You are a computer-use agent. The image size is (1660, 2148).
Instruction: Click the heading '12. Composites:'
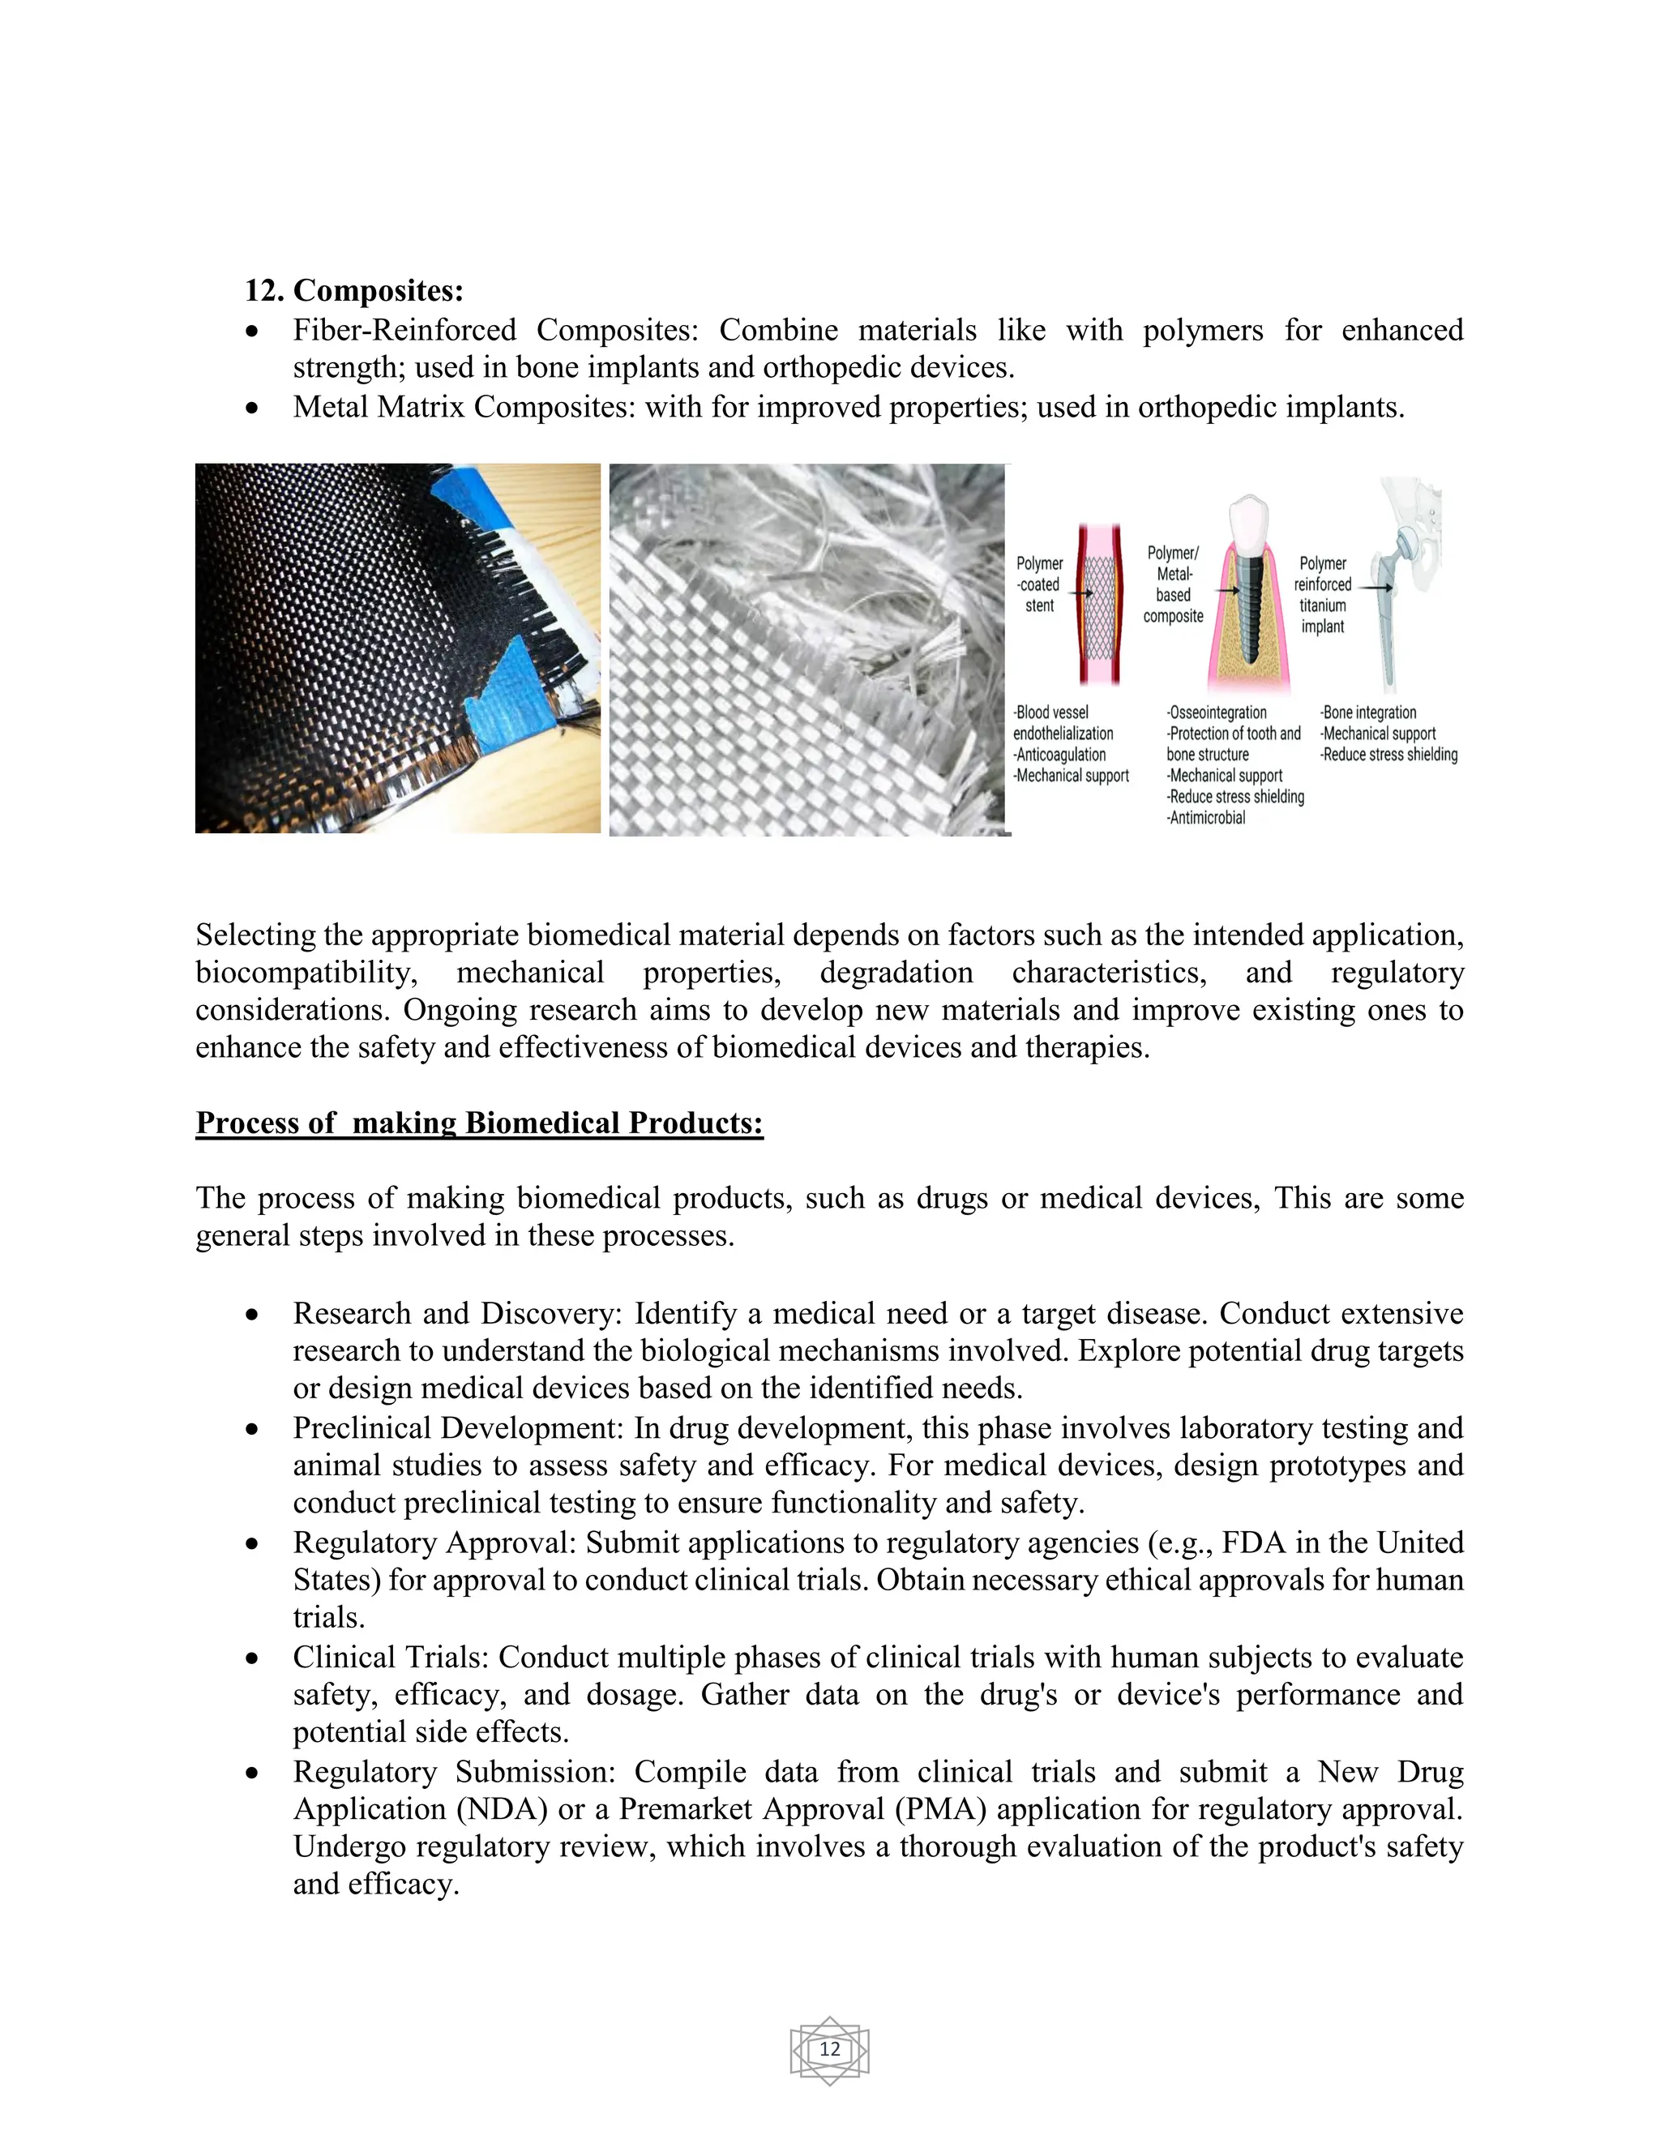click(353, 290)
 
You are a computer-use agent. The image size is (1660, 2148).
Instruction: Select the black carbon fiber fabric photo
click(397, 648)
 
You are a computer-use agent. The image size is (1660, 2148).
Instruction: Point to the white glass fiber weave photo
click(806, 650)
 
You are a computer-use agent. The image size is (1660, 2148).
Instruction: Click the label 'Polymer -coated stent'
click(1039, 584)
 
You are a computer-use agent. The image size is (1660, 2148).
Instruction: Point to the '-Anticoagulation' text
click(1060, 755)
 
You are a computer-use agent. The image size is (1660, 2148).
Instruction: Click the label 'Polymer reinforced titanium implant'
click(1322, 594)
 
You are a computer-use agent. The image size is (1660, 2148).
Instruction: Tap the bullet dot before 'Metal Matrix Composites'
click(253, 407)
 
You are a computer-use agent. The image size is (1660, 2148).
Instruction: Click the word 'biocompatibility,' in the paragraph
click(306, 973)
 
